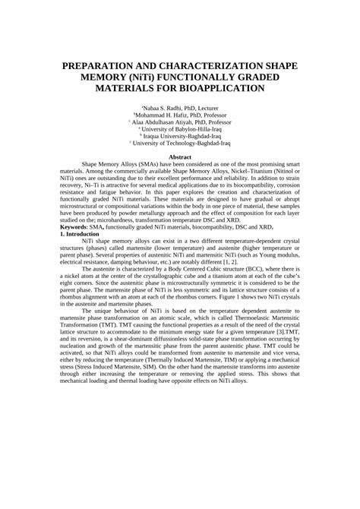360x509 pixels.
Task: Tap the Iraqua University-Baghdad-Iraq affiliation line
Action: [181, 134]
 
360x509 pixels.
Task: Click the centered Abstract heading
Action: [179, 156]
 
